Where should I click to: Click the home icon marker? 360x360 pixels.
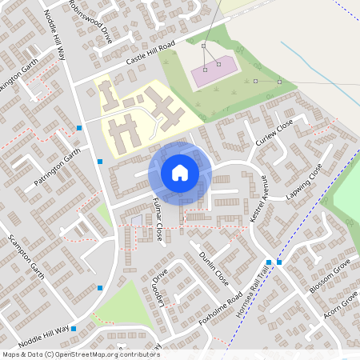[180, 172]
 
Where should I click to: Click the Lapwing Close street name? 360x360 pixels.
[304, 182]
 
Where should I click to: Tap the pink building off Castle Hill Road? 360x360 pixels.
[214, 71]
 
